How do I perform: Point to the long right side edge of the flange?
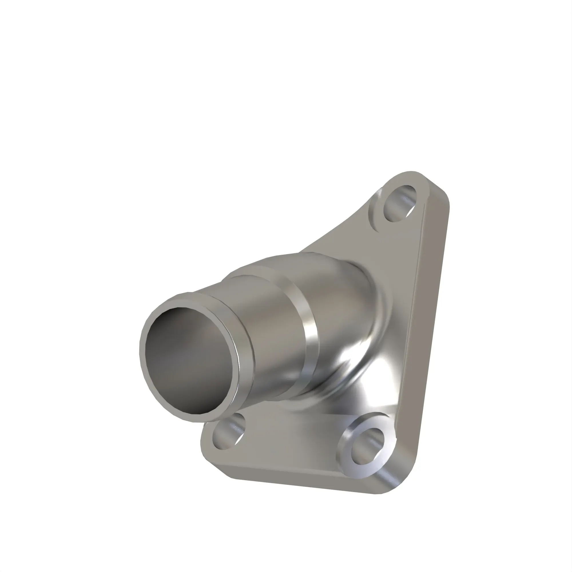point(426,326)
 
